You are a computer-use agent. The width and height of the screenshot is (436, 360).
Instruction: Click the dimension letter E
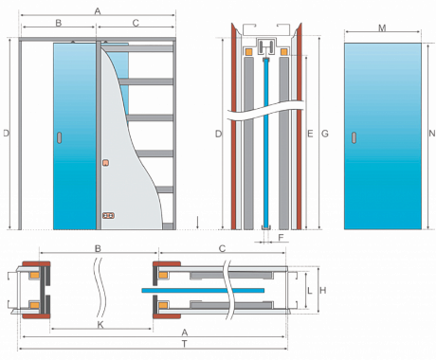(310, 134)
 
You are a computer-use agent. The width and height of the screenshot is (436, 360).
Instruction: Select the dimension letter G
(325, 134)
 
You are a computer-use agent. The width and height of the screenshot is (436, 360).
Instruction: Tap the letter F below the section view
(281, 237)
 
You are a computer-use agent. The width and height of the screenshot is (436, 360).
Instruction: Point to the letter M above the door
(382, 28)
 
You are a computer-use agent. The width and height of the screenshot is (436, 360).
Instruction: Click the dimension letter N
(432, 134)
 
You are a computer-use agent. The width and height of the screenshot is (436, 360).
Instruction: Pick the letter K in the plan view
(100, 325)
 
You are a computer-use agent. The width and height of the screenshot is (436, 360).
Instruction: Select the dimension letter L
(310, 290)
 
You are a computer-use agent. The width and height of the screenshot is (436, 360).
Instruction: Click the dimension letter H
(323, 290)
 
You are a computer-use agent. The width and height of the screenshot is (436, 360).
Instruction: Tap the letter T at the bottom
(185, 344)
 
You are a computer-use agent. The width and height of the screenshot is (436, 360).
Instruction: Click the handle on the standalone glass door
(354, 137)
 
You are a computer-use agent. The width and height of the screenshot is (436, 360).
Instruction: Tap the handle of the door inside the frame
(59, 137)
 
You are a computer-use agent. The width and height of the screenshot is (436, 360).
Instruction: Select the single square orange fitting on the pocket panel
(106, 163)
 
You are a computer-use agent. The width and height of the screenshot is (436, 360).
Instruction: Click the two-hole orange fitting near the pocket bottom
(108, 216)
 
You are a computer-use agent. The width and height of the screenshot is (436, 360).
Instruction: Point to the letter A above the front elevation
(98, 11)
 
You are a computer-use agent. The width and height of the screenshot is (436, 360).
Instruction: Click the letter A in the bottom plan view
(185, 333)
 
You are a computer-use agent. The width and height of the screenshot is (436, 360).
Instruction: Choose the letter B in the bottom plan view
(98, 248)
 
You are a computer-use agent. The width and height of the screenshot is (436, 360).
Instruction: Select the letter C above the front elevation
(136, 23)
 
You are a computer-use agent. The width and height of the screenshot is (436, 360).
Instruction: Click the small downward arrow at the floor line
(197, 223)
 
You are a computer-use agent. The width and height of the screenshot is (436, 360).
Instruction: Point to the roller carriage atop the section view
(267, 48)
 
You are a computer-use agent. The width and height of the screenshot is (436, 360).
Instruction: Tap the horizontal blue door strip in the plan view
(203, 290)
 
